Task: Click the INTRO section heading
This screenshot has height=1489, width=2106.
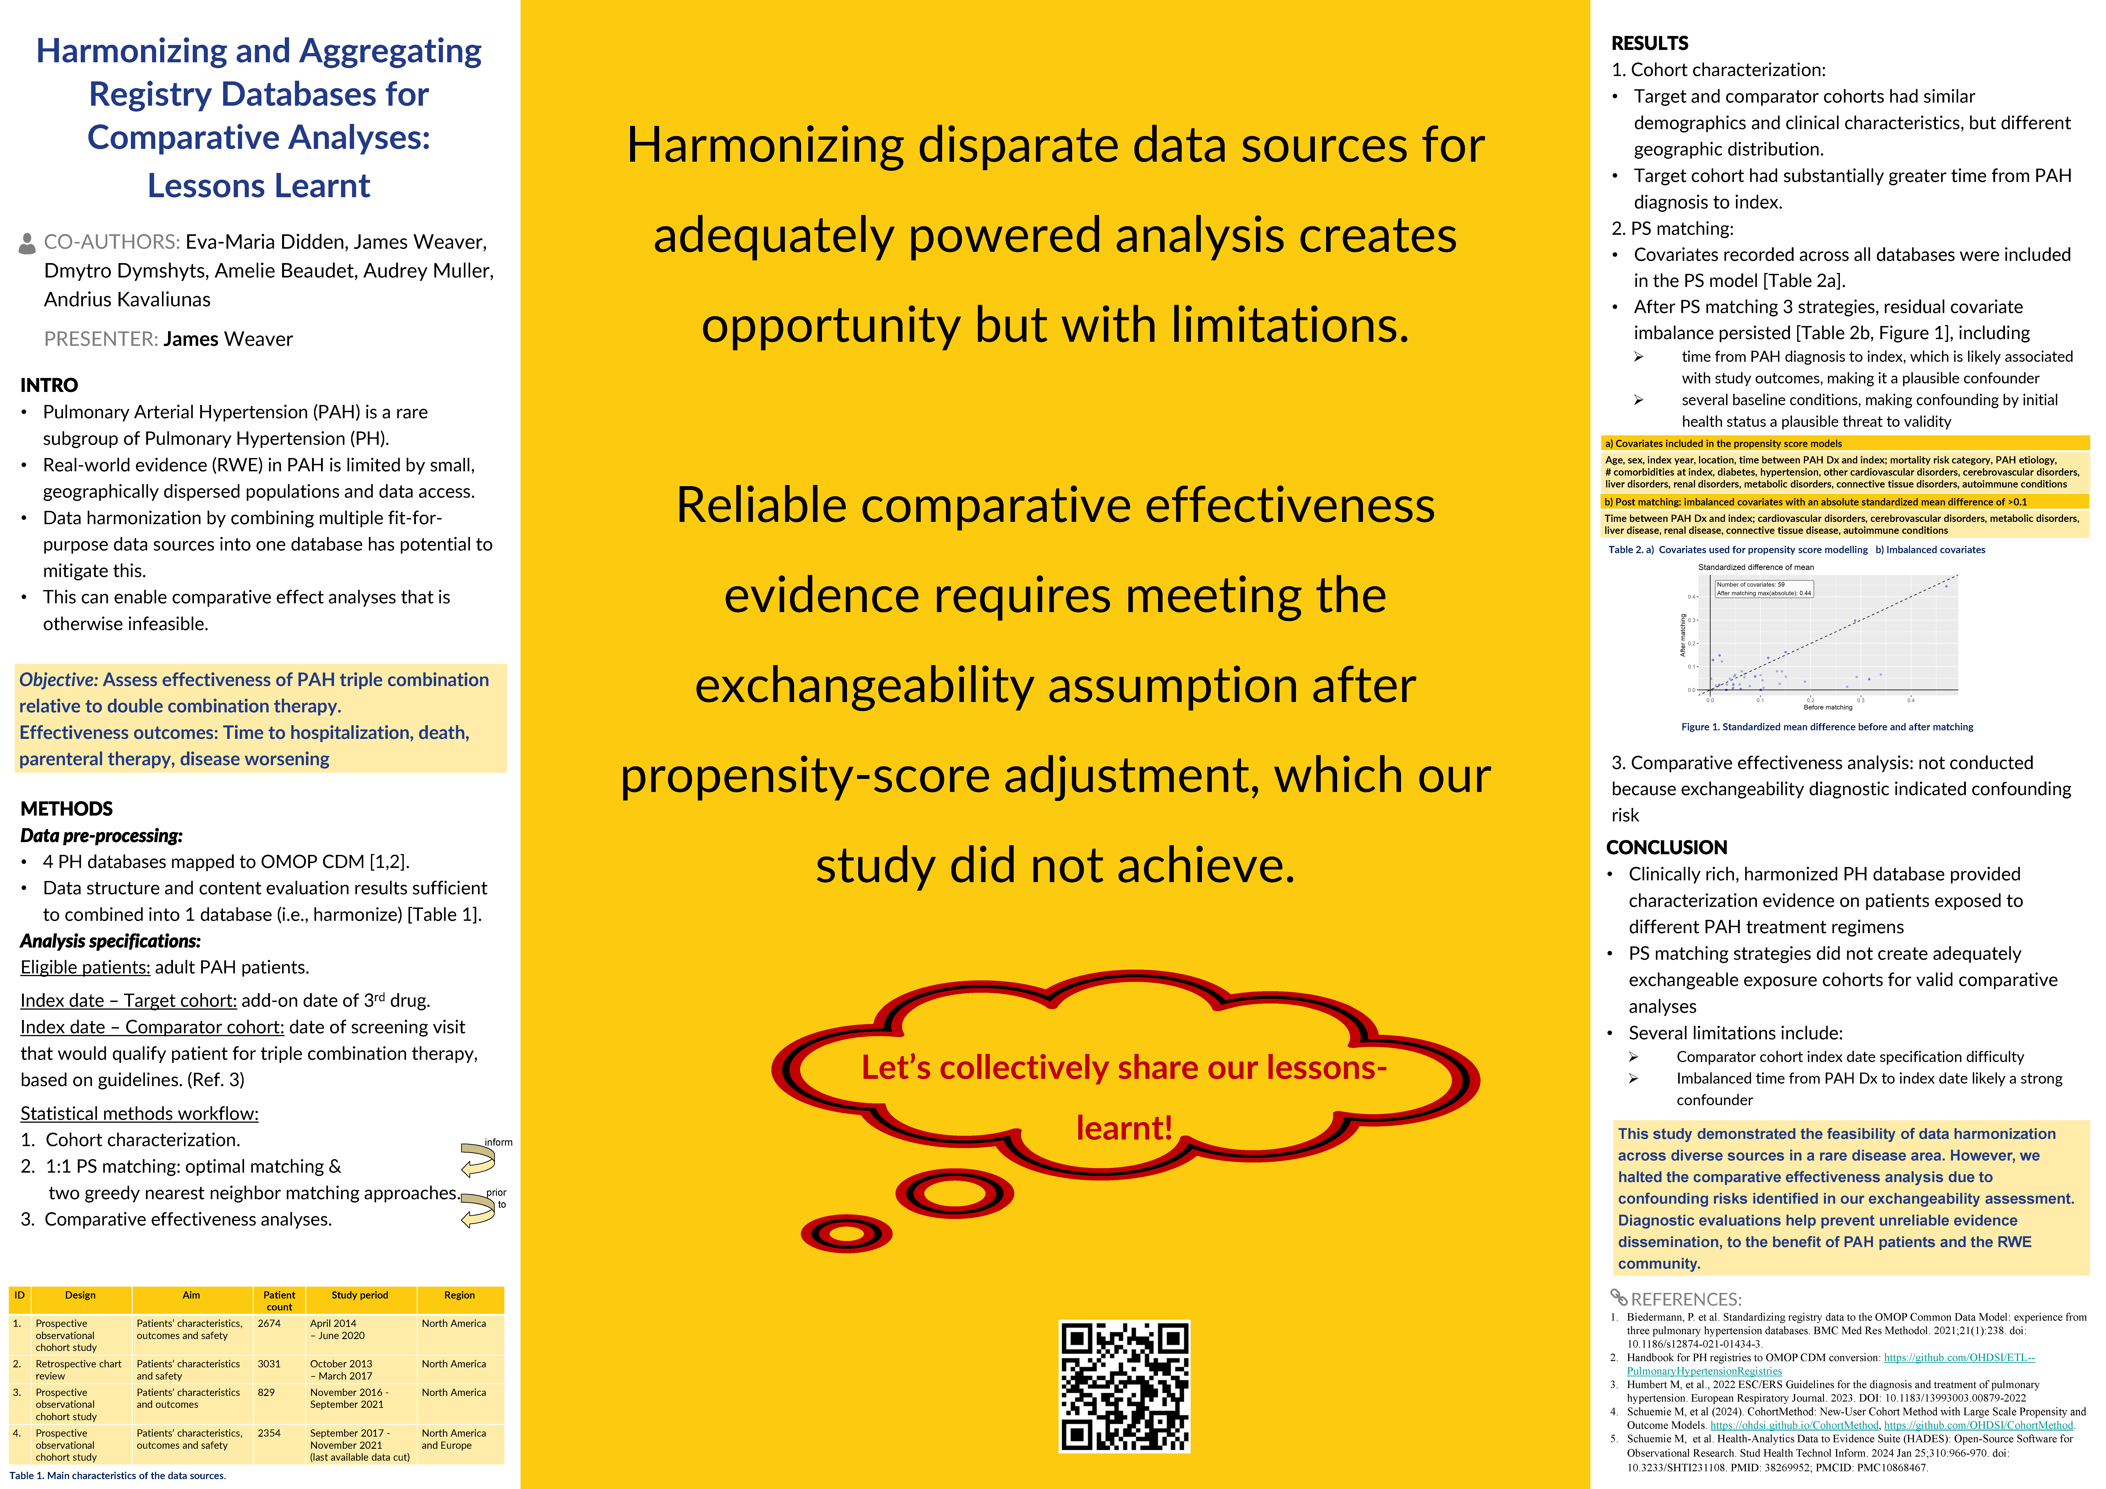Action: pyautogui.click(x=49, y=385)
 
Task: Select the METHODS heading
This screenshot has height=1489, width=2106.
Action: pyautogui.click(x=66, y=809)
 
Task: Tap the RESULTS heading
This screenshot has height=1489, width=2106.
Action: pyautogui.click(x=1649, y=43)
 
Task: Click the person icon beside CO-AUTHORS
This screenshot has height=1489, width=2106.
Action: pyautogui.click(x=27, y=243)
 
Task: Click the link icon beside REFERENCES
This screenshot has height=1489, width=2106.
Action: pyautogui.click(x=1619, y=1297)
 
